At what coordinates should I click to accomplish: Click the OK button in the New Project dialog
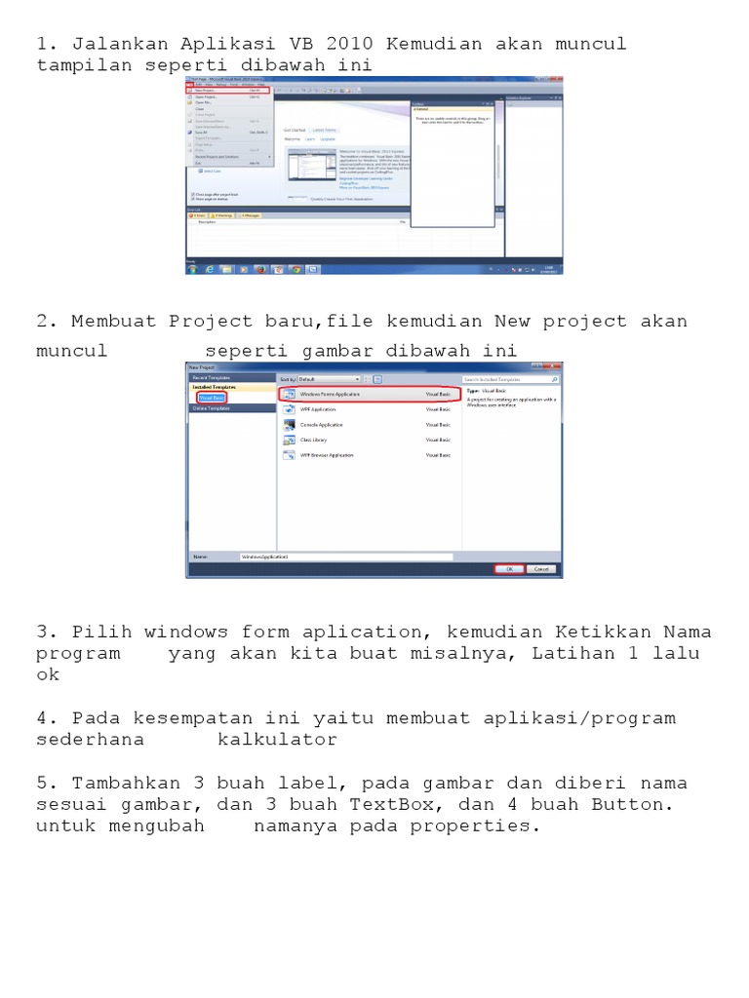click(x=509, y=569)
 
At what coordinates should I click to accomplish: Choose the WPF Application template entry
click(x=322, y=409)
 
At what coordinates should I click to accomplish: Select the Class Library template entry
click(x=318, y=440)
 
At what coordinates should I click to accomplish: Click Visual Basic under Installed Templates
click(x=212, y=398)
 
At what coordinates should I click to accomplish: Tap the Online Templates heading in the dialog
click(x=212, y=409)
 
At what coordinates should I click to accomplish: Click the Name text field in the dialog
click(x=345, y=557)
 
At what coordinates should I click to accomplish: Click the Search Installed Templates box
click(x=509, y=378)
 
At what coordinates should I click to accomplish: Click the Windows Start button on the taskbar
click(x=192, y=269)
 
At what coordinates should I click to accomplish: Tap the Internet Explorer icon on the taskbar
click(x=209, y=269)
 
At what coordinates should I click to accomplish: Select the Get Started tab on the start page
click(x=295, y=129)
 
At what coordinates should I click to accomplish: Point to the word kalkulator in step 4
click(x=277, y=740)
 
